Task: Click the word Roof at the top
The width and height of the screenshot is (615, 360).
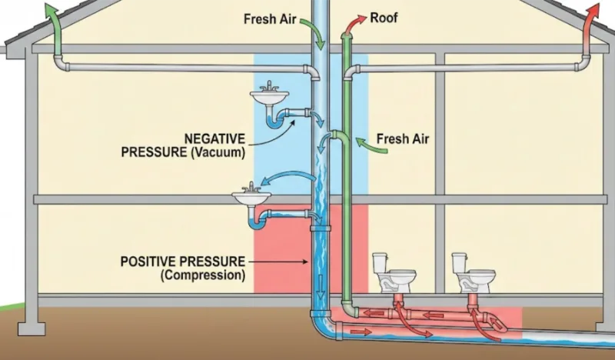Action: [x=384, y=16]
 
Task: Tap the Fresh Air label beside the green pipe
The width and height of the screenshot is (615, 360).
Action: [x=403, y=139]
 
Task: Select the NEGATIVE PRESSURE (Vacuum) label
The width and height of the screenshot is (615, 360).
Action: [x=183, y=145]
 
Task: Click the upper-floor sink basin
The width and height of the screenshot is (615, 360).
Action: [x=269, y=98]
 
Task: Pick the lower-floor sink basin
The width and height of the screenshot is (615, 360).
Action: [x=253, y=199]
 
